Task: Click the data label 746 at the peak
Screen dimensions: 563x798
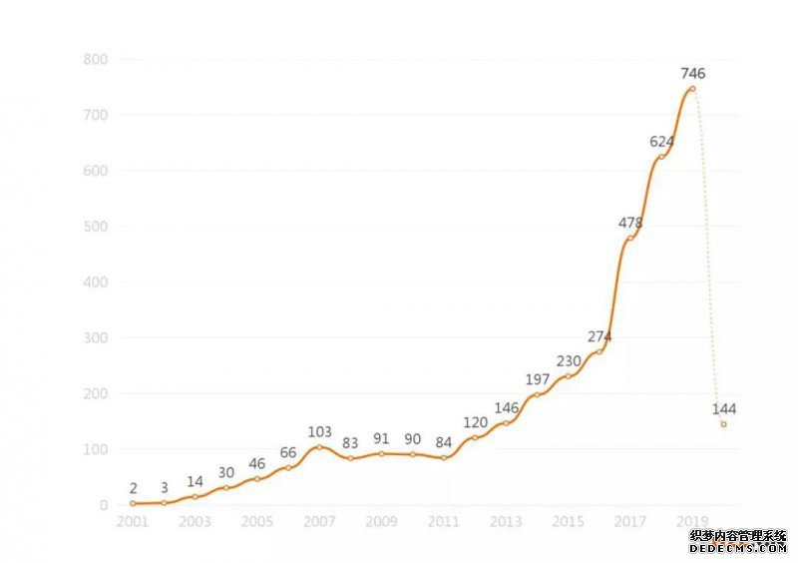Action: (x=692, y=74)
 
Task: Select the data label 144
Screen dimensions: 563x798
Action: (x=724, y=409)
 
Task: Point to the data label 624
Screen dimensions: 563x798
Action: (x=661, y=142)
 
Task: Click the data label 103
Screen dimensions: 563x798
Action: (x=319, y=432)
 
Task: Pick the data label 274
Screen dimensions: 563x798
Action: (x=599, y=337)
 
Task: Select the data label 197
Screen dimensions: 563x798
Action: (x=538, y=379)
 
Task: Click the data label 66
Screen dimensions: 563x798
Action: (x=288, y=453)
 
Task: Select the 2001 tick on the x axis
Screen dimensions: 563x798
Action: (x=133, y=522)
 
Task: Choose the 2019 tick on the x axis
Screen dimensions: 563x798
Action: (x=692, y=522)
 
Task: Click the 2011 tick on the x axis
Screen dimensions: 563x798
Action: (x=444, y=522)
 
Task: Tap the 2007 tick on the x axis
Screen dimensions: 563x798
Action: (x=319, y=522)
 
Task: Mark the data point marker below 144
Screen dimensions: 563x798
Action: (x=723, y=424)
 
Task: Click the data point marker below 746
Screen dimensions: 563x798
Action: (x=692, y=89)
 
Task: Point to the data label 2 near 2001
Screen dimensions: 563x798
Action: (x=133, y=489)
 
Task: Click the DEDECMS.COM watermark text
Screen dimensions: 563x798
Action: (x=738, y=548)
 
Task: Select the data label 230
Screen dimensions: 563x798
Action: (x=569, y=361)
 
